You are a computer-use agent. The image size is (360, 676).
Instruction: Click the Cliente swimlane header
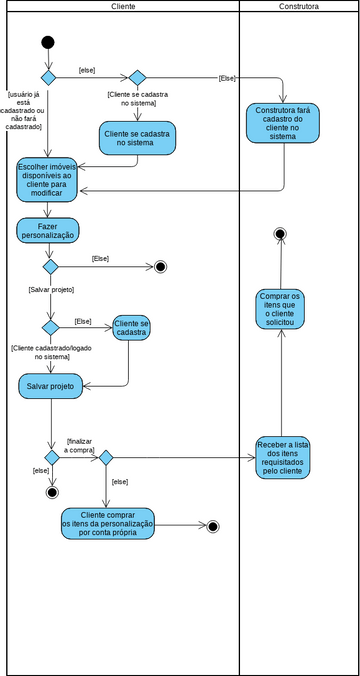(122, 6)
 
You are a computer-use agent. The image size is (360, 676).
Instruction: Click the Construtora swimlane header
(298, 6)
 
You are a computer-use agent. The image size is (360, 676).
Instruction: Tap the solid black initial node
(48, 42)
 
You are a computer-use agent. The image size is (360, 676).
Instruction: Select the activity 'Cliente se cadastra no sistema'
(138, 138)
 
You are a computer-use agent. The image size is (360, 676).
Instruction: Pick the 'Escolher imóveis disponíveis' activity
(47, 178)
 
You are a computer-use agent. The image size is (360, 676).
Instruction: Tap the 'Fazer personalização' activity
(48, 230)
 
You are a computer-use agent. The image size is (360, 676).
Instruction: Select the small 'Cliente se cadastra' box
(131, 328)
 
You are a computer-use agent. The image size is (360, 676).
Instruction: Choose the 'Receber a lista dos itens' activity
(283, 456)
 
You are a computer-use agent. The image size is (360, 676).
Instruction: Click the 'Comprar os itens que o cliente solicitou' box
(281, 310)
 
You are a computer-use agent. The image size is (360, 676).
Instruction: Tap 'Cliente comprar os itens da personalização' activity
(108, 524)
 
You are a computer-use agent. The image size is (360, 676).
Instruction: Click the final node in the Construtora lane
(281, 234)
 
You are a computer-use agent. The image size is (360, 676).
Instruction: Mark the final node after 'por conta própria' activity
(212, 526)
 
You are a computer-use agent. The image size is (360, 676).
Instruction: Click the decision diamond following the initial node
(48, 77)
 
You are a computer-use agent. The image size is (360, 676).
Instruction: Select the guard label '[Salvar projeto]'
(50, 290)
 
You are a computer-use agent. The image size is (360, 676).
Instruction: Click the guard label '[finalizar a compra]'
(81, 445)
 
